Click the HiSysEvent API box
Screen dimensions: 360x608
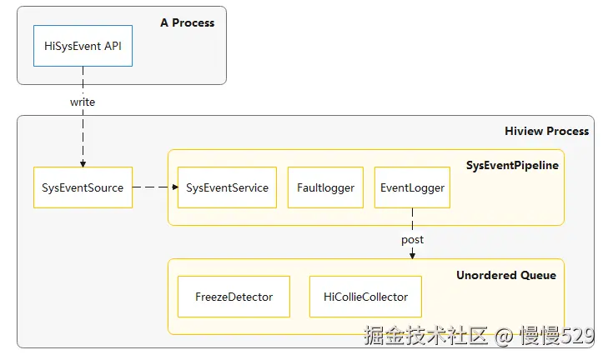pos(83,46)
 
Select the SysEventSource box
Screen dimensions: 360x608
pos(83,187)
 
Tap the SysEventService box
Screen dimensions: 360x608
pos(227,187)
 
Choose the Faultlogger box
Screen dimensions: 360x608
pos(325,187)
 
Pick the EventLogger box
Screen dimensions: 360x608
pos(412,187)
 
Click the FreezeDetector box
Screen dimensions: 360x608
pos(234,297)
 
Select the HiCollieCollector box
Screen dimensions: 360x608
pos(365,297)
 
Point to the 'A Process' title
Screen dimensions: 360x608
pos(187,22)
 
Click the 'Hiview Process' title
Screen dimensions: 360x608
pos(546,131)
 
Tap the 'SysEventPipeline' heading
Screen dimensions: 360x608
pos(512,165)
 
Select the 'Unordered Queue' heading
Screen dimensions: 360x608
pos(505,275)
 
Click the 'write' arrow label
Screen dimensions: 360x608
pos(83,102)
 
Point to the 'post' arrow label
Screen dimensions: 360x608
pos(412,239)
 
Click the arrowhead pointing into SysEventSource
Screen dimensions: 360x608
pos(83,163)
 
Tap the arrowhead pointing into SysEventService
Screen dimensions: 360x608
pos(174,187)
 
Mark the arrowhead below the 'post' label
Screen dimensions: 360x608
pos(412,254)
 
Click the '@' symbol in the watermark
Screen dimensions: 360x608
pos(503,337)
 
